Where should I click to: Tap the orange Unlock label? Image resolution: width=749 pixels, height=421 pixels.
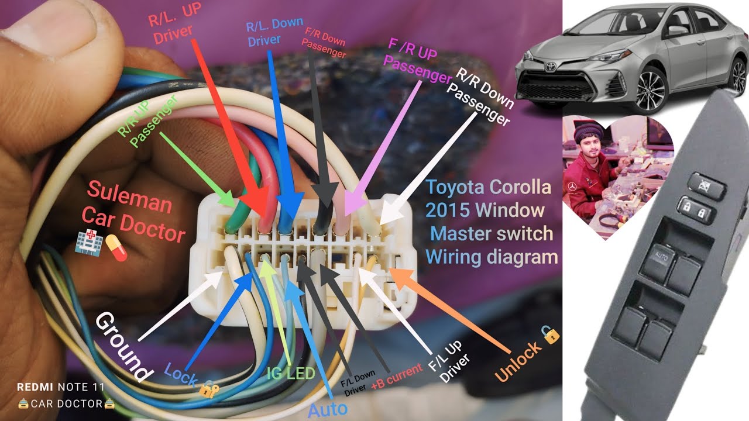click(x=518, y=361)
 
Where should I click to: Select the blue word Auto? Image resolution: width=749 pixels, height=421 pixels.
click(x=328, y=410)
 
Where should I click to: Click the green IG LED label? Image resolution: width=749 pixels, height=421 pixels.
click(x=291, y=373)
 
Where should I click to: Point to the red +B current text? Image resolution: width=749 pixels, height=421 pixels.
click(x=397, y=377)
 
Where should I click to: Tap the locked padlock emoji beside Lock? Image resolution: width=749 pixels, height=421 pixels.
click(x=209, y=389)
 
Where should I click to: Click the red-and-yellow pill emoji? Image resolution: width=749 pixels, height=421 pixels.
click(x=116, y=247)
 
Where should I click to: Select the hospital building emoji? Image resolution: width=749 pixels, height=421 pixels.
click(x=88, y=242)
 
